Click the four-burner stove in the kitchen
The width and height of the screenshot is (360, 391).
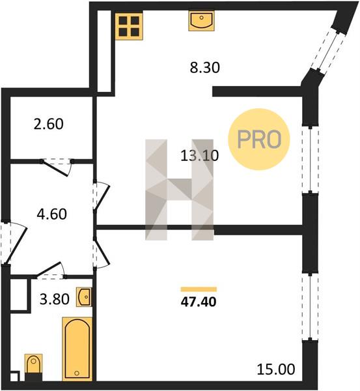129,26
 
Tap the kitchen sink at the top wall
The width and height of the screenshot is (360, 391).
202,20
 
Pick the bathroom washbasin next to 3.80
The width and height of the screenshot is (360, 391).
84,297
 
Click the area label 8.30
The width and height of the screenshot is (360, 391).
205,68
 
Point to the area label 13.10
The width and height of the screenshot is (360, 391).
200,156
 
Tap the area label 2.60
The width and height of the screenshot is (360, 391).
49,124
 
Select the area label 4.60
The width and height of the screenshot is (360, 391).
52,214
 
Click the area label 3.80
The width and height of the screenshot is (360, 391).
55,299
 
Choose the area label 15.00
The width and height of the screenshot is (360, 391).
276,369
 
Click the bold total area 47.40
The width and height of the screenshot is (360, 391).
199,302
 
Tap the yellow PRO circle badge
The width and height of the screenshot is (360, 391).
259,139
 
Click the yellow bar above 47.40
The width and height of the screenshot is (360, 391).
199,289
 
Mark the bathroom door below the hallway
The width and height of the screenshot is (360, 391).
51,270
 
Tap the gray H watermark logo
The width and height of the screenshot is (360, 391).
180,190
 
